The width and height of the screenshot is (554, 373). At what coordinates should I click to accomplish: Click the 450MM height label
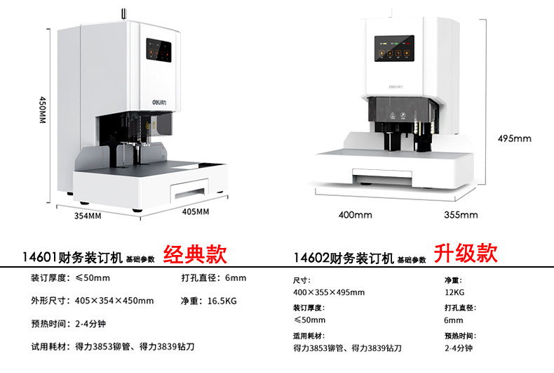[x=42, y=110]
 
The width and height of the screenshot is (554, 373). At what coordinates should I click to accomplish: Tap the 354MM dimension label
[x=88, y=216]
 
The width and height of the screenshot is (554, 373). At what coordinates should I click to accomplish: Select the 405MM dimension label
[x=196, y=211]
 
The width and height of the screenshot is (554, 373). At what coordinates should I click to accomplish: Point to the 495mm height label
[x=515, y=138]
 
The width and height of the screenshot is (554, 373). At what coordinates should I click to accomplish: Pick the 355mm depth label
[x=461, y=214]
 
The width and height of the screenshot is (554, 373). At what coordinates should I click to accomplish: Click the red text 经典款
[x=195, y=253]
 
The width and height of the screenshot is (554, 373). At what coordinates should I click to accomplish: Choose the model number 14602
[x=311, y=258]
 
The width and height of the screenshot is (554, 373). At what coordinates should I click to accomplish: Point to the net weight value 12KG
[x=454, y=292]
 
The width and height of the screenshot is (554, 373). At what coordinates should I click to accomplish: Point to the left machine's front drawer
[x=190, y=188]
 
